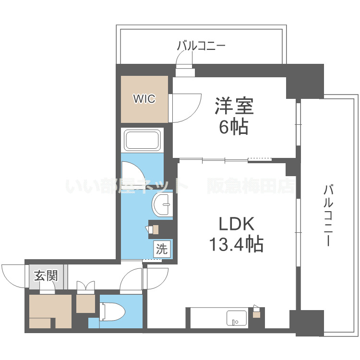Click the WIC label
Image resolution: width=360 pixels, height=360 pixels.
[x=144, y=99]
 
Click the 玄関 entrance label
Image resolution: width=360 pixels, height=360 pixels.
[x=46, y=276]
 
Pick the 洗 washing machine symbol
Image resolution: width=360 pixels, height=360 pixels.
[x=162, y=249]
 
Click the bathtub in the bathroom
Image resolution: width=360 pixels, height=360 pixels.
[x=143, y=140]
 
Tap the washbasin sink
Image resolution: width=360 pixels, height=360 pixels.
[x=162, y=205]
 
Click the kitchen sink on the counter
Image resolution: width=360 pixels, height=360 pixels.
[x=236, y=317]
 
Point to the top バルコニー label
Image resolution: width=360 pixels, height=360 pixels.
[x=201, y=46]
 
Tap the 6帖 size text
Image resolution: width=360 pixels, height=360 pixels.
[x=233, y=127]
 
